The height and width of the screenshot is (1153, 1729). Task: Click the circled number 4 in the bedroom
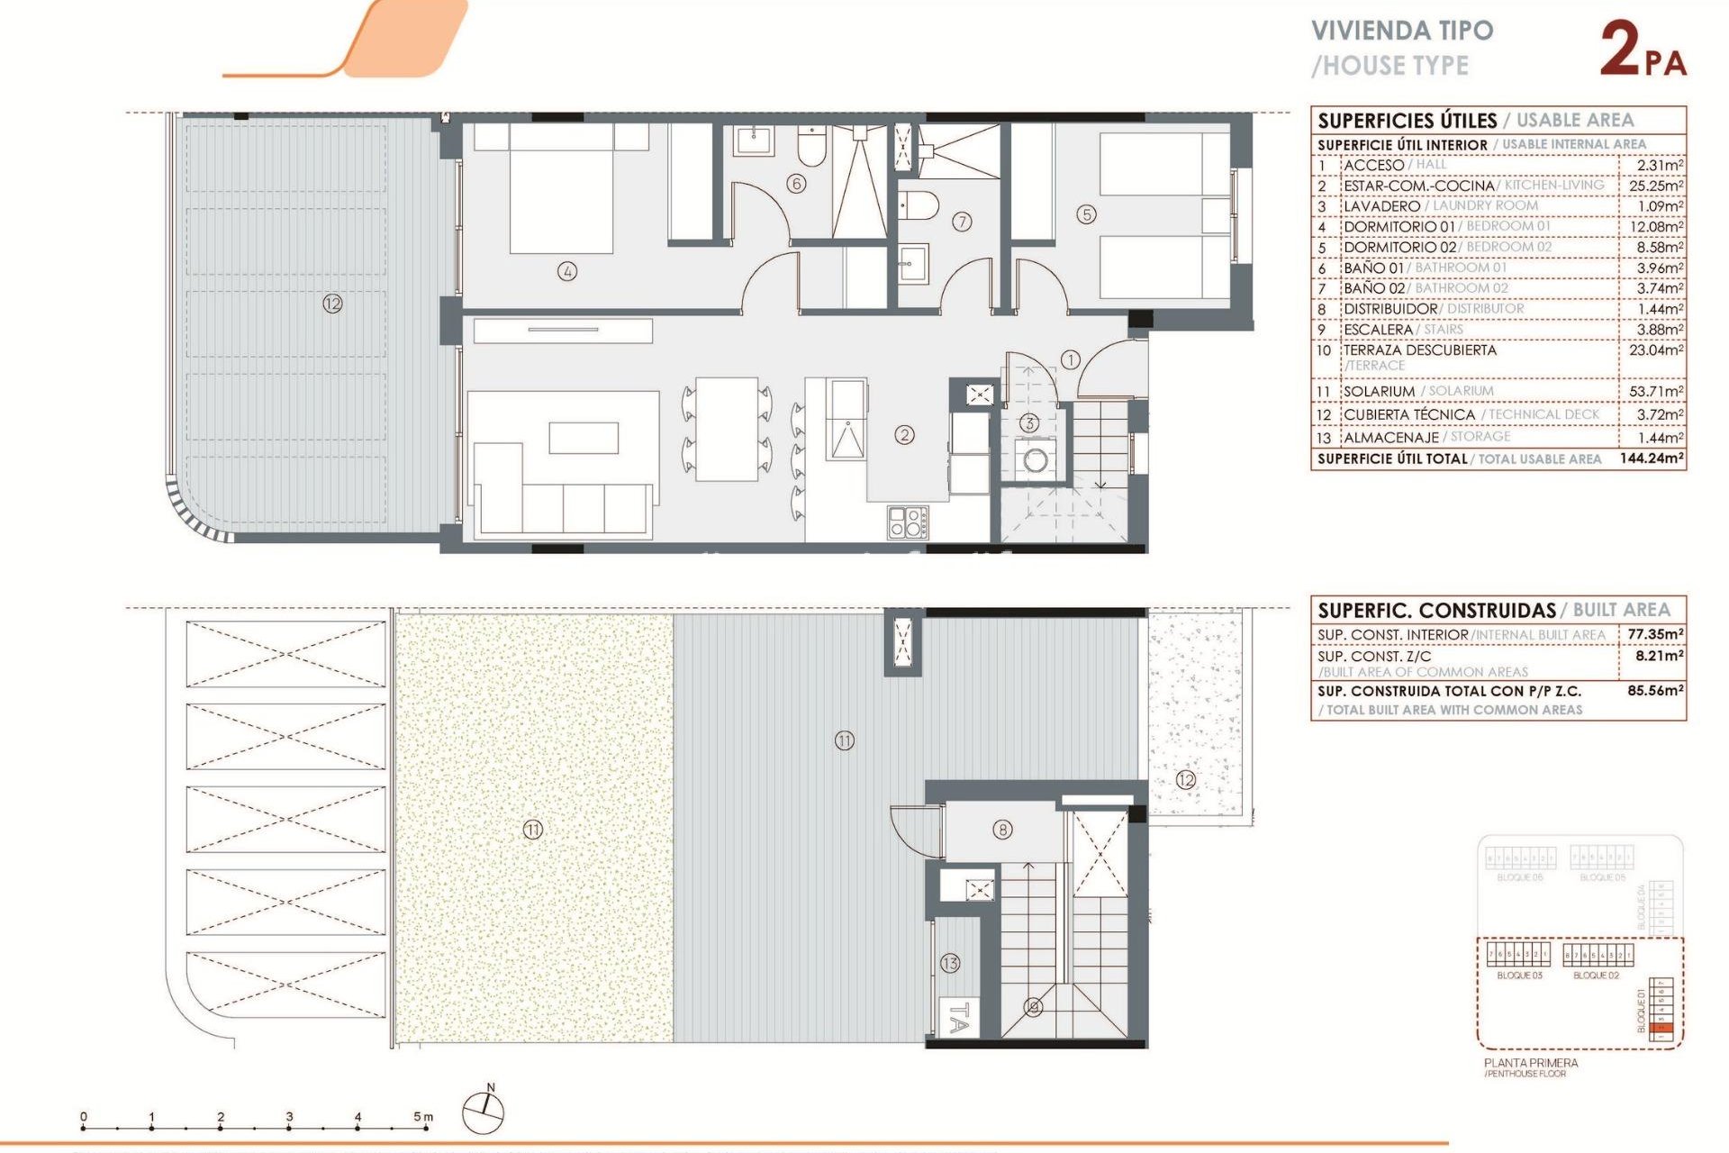566,270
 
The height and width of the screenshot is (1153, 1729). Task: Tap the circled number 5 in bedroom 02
1086,214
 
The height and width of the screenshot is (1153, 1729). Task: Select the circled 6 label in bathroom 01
795,184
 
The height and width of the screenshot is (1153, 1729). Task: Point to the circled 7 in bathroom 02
962,222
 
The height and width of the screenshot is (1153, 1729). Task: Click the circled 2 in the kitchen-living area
904,435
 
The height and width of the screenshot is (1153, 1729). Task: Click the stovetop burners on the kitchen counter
908,522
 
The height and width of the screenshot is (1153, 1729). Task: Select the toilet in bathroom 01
811,146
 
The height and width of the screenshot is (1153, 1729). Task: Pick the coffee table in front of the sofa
584,438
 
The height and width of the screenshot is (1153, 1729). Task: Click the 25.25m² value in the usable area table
1655,186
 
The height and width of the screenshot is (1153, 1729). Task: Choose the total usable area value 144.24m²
1652,458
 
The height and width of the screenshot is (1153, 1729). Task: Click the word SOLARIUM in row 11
1379,392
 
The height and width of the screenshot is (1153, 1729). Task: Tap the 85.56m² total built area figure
1655,691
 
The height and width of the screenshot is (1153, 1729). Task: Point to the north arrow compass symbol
484,1112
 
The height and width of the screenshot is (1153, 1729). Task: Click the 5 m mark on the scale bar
421,1118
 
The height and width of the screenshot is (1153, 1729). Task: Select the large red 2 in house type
1620,49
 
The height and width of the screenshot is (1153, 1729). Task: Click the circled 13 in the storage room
950,963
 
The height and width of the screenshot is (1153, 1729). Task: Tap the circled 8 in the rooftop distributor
1002,830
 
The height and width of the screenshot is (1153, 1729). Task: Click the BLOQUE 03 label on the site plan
1519,976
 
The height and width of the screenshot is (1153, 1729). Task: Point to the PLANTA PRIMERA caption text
1530,1063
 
